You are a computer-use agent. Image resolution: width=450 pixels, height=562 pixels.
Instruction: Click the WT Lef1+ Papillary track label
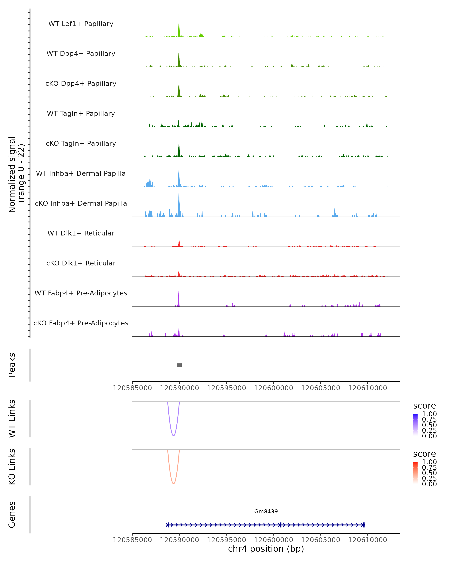click(81, 24)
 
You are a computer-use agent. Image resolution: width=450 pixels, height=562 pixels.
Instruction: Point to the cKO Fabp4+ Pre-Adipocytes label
click(81, 323)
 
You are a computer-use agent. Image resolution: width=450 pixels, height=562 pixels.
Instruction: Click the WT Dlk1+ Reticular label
click(81, 233)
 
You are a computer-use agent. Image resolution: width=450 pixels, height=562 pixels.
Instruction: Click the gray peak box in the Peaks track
click(179, 365)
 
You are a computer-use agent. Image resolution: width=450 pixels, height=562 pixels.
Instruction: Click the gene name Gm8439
click(266, 511)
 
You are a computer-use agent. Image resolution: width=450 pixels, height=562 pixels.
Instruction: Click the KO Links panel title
click(12, 467)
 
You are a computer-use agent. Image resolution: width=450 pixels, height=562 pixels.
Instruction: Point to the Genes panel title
click(12, 515)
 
